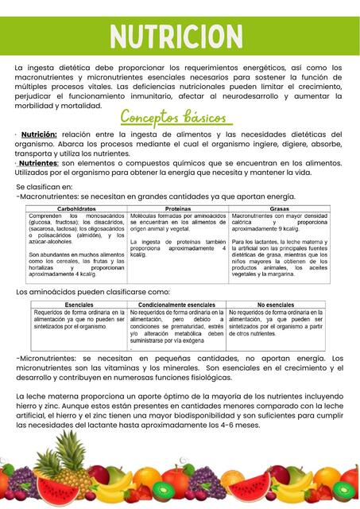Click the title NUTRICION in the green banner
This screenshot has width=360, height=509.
click(180, 36)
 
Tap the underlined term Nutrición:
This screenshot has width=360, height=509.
click(39, 134)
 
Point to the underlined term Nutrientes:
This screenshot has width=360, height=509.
click(37, 162)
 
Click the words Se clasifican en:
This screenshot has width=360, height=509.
click(45, 186)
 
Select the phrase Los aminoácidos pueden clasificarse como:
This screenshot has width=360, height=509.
click(93, 293)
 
